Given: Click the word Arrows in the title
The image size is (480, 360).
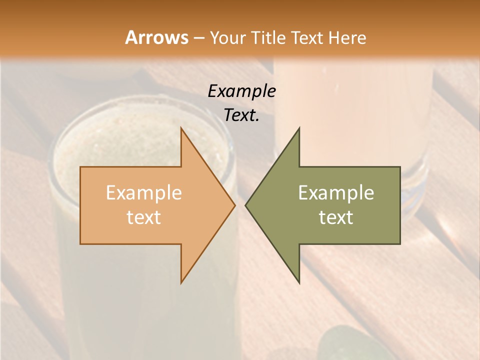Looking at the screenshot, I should (x=156, y=37).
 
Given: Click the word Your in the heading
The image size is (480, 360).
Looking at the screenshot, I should (x=228, y=38).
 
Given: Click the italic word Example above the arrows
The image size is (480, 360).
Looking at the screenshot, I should (x=241, y=91).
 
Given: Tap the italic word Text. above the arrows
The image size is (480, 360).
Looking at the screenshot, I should (x=241, y=115).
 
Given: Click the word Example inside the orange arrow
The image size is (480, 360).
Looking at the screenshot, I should (x=144, y=192).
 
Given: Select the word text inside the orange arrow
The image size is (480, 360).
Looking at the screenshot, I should (x=144, y=217).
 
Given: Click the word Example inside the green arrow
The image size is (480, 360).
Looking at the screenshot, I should (x=336, y=192).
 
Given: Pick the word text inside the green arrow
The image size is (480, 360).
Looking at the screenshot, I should (x=336, y=217).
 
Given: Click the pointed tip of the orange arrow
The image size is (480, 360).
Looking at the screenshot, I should (x=235, y=205).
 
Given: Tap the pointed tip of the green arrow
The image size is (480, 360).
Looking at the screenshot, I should (x=245, y=205).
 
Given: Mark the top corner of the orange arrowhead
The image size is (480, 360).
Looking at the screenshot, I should (x=181, y=128).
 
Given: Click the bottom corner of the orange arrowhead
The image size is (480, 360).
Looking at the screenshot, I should (x=181, y=283).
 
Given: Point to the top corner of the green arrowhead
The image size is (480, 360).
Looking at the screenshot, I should (x=299, y=128).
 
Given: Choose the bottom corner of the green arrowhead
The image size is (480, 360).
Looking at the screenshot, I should (x=299, y=283).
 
